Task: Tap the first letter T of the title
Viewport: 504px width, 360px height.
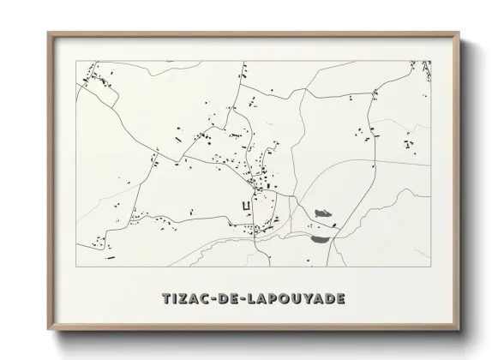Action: click(x=166, y=299)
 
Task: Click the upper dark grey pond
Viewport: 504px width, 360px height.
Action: click(x=323, y=211)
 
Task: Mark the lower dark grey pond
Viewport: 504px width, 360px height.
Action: click(x=321, y=241)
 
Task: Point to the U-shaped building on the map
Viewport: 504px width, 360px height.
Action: click(x=247, y=207)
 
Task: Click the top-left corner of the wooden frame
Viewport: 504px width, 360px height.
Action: click(x=48, y=33)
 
